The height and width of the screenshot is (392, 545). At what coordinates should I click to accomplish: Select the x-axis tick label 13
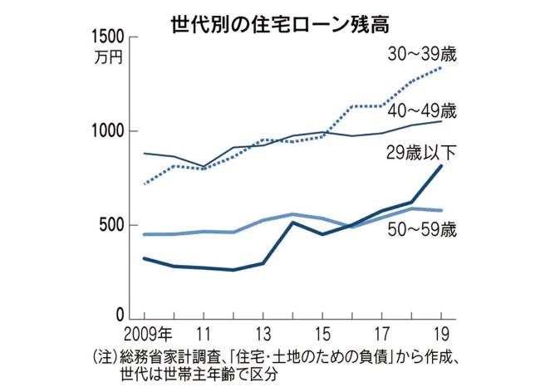pyautogui.click(x=262, y=336)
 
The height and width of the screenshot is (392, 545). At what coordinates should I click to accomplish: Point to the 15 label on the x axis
pyautogui.click(x=322, y=336)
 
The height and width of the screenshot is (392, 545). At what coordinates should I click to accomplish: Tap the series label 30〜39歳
pyautogui.click(x=424, y=56)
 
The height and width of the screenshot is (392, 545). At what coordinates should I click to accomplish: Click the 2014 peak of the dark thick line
pyautogui.click(x=292, y=223)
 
